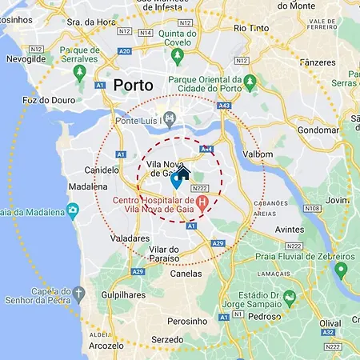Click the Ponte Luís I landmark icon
(168, 120)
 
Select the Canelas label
(187, 273)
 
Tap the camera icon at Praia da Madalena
(73, 211)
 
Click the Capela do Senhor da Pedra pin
(78, 294)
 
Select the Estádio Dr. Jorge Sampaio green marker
(290, 298)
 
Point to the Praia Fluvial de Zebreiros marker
(341, 270)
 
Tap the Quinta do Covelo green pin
(178, 56)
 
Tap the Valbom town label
(258, 157)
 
